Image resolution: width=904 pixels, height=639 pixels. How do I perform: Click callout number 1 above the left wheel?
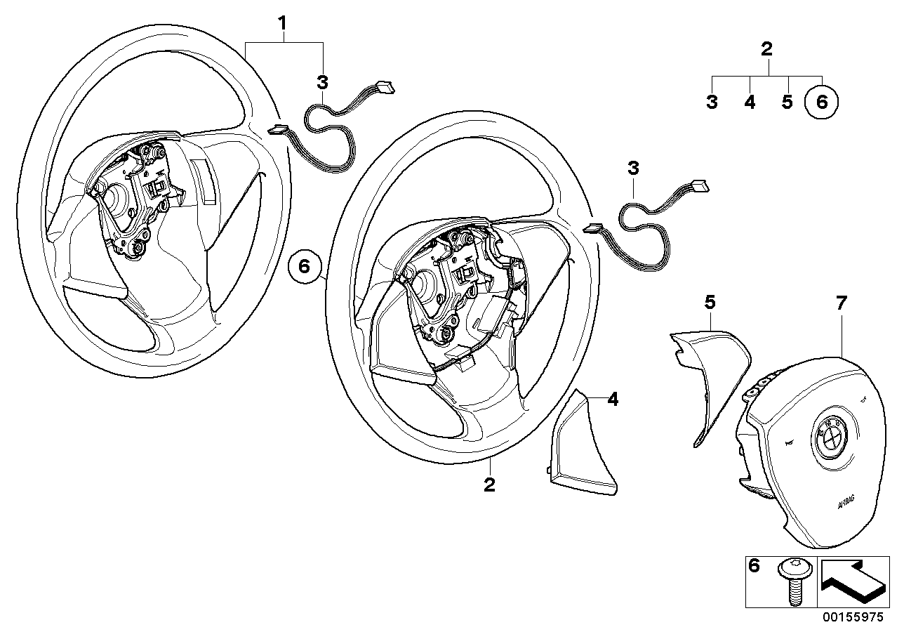[282, 24]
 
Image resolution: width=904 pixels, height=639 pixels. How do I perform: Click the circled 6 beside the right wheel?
[304, 267]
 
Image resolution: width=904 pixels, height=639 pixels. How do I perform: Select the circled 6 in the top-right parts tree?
[822, 103]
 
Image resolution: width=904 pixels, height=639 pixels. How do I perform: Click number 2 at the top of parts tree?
[766, 49]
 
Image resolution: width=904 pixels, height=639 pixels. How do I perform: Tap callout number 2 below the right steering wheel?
[490, 485]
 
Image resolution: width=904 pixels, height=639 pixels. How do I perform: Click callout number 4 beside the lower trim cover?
[613, 400]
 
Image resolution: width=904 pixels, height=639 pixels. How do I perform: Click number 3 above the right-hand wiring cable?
[634, 169]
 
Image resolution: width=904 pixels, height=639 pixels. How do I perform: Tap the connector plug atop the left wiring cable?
[385, 88]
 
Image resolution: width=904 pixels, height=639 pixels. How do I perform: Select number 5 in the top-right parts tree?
[787, 103]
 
